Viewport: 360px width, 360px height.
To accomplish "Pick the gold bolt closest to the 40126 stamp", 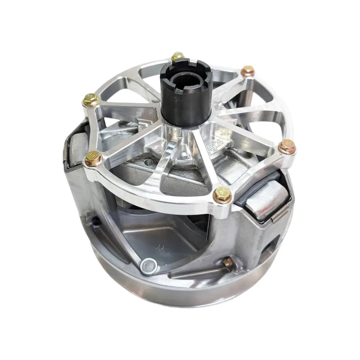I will click(285, 146).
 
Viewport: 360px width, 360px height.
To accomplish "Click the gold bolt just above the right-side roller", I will click(222, 193).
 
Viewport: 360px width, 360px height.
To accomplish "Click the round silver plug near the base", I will click(148, 264).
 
